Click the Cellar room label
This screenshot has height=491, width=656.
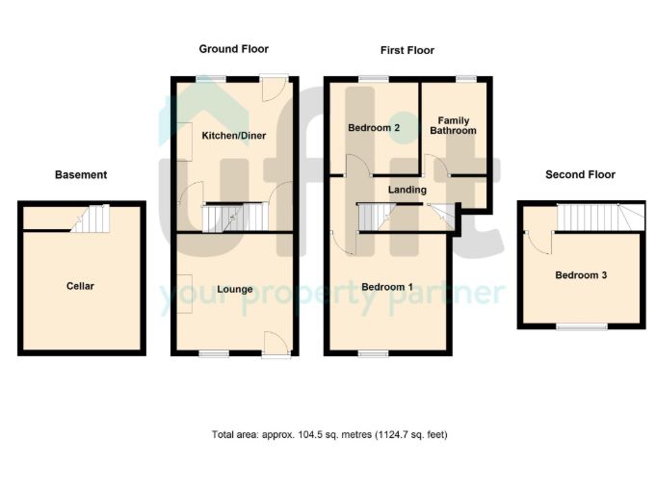coord(80,286)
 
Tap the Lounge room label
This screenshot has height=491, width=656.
coord(235,290)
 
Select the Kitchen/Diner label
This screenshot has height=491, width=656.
coord(234,136)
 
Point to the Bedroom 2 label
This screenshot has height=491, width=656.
coord(374,127)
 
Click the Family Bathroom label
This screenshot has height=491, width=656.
coord(453,125)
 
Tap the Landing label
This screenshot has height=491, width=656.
coord(407,190)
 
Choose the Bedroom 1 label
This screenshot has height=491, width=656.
coord(387,287)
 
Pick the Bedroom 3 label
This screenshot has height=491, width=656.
coord(581,275)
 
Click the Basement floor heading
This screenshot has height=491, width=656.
coord(81,175)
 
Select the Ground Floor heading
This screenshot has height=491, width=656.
coord(234,49)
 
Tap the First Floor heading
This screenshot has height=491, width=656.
coord(407,51)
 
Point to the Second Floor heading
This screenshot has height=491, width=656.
coord(580,175)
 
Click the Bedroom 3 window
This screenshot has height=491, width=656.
coord(582,326)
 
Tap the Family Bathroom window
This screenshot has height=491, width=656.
coord(465,79)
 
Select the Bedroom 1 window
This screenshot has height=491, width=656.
coord(373,354)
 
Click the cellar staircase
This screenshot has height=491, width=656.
coord(91,219)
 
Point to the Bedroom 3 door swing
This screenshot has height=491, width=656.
coord(538,243)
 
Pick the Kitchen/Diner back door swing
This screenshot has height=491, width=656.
coord(275,90)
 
